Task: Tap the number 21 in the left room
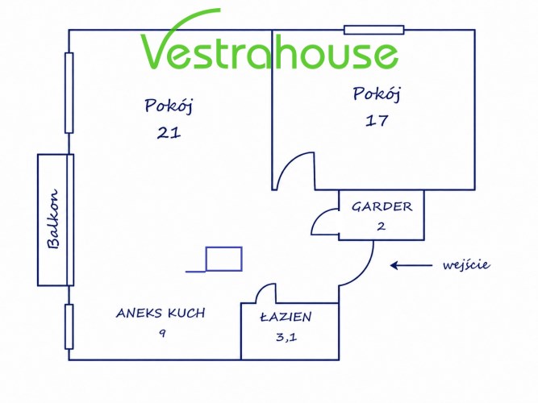point(169,133)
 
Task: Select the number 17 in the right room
point(377,121)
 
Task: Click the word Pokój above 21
point(169,106)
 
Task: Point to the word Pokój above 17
point(377,93)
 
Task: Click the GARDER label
point(382,206)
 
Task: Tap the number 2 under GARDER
point(382,226)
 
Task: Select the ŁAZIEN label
point(286,317)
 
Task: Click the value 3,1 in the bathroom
point(286,337)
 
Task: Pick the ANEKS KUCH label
point(161,314)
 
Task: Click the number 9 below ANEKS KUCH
point(162,333)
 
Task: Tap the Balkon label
point(52,218)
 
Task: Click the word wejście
point(466,264)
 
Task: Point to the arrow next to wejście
point(411,265)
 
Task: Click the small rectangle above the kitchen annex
point(223,259)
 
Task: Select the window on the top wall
point(374,30)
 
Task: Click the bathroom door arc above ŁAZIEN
point(261,289)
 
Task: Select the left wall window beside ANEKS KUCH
point(69,326)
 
